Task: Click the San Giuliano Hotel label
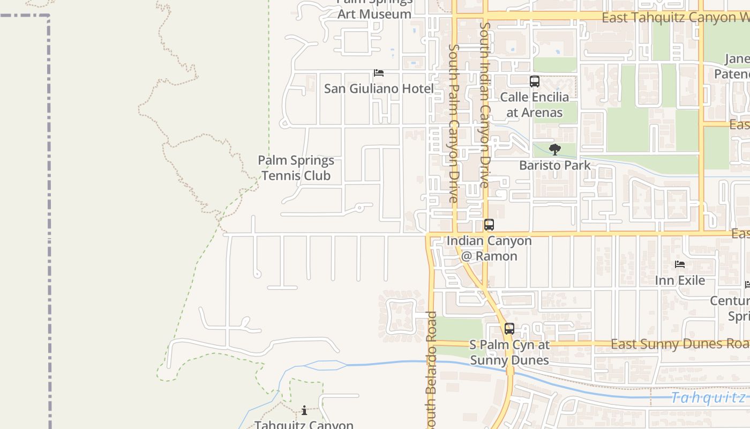[x=379, y=88]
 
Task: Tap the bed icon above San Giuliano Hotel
[x=379, y=72]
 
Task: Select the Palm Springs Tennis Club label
[x=296, y=168]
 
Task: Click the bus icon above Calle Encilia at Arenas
[x=534, y=82]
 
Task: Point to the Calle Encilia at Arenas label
[x=534, y=105]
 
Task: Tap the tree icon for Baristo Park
[x=555, y=150]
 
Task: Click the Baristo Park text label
[x=555, y=165]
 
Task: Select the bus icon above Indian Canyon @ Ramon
[x=489, y=225]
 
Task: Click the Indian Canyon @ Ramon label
[x=489, y=248]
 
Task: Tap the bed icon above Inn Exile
[x=680, y=264]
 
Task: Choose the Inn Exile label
[x=680, y=280]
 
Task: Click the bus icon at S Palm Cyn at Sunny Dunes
[x=509, y=329]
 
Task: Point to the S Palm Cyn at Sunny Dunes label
[x=509, y=352]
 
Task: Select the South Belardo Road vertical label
[x=432, y=370]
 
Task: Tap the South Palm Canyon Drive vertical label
[x=454, y=123]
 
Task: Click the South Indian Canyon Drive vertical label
[x=485, y=105]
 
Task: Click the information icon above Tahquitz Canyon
[x=304, y=411]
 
